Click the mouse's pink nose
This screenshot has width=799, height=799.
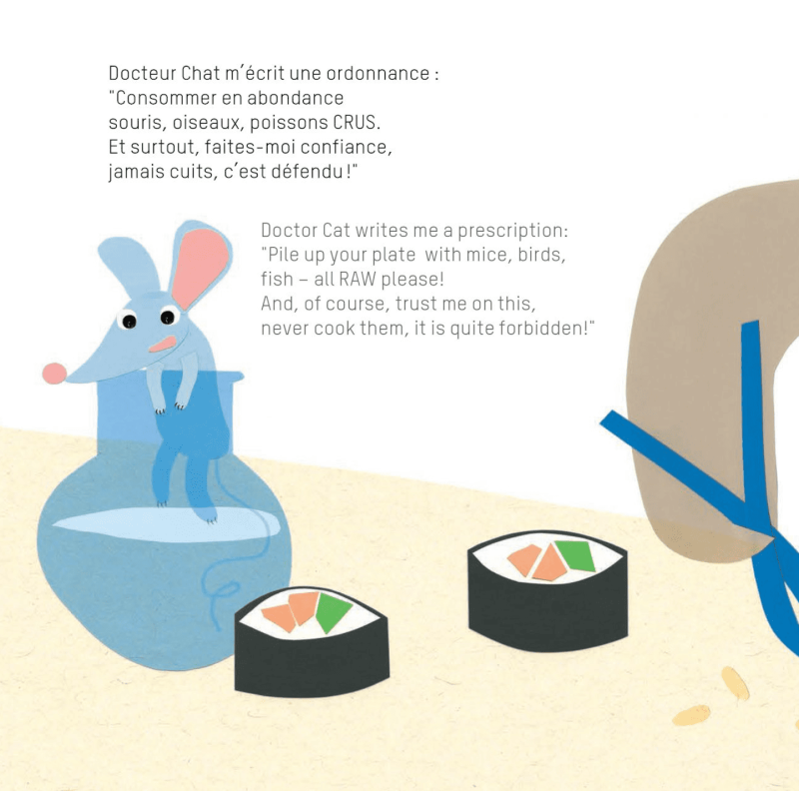[54, 374]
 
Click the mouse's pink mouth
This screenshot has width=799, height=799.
[163, 344]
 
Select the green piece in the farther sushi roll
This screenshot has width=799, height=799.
[576, 555]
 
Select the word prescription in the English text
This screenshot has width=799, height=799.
[512, 231]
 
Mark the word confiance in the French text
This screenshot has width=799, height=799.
[346, 147]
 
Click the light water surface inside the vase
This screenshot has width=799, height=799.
[167, 522]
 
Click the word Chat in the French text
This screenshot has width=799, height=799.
[201, 73]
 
